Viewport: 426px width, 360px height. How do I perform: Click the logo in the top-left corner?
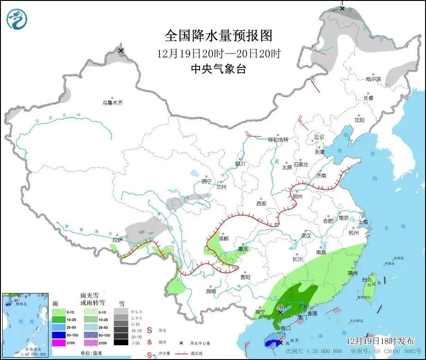click(x=17, y=18)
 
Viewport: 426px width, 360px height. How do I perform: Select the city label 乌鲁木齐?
click(x=113, y=103)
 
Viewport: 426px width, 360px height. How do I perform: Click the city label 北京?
click(x=319, y=137)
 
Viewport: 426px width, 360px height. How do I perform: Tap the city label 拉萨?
click(x=117, y=240)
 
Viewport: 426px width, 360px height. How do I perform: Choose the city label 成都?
click(x=223, y=239)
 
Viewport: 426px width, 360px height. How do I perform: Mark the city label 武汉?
click(x=306, y=235)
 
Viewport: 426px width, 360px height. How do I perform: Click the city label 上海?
click(x=364, y=222)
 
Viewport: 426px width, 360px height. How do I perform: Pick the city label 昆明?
click(x=211, y=291)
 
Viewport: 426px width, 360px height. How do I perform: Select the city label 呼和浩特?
click(x=279, y=139)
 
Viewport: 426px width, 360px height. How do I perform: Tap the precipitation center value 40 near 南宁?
click(x=280, y=307)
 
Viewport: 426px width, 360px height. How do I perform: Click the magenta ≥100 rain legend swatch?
click(x=58, y=342)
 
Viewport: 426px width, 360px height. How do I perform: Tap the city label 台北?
click(x=366, y=280)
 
